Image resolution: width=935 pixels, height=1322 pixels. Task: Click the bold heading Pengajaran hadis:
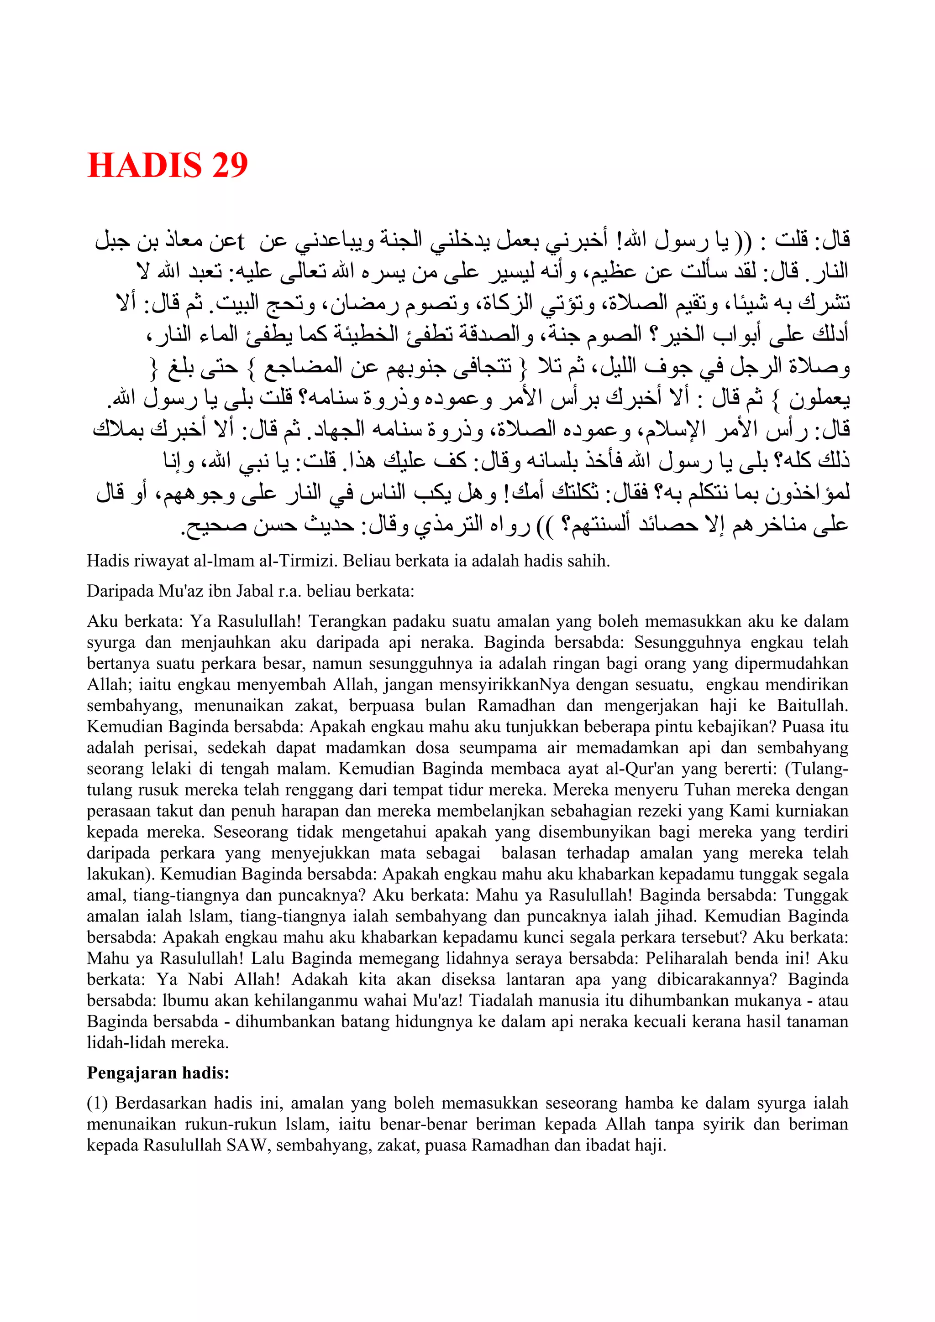158,1072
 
